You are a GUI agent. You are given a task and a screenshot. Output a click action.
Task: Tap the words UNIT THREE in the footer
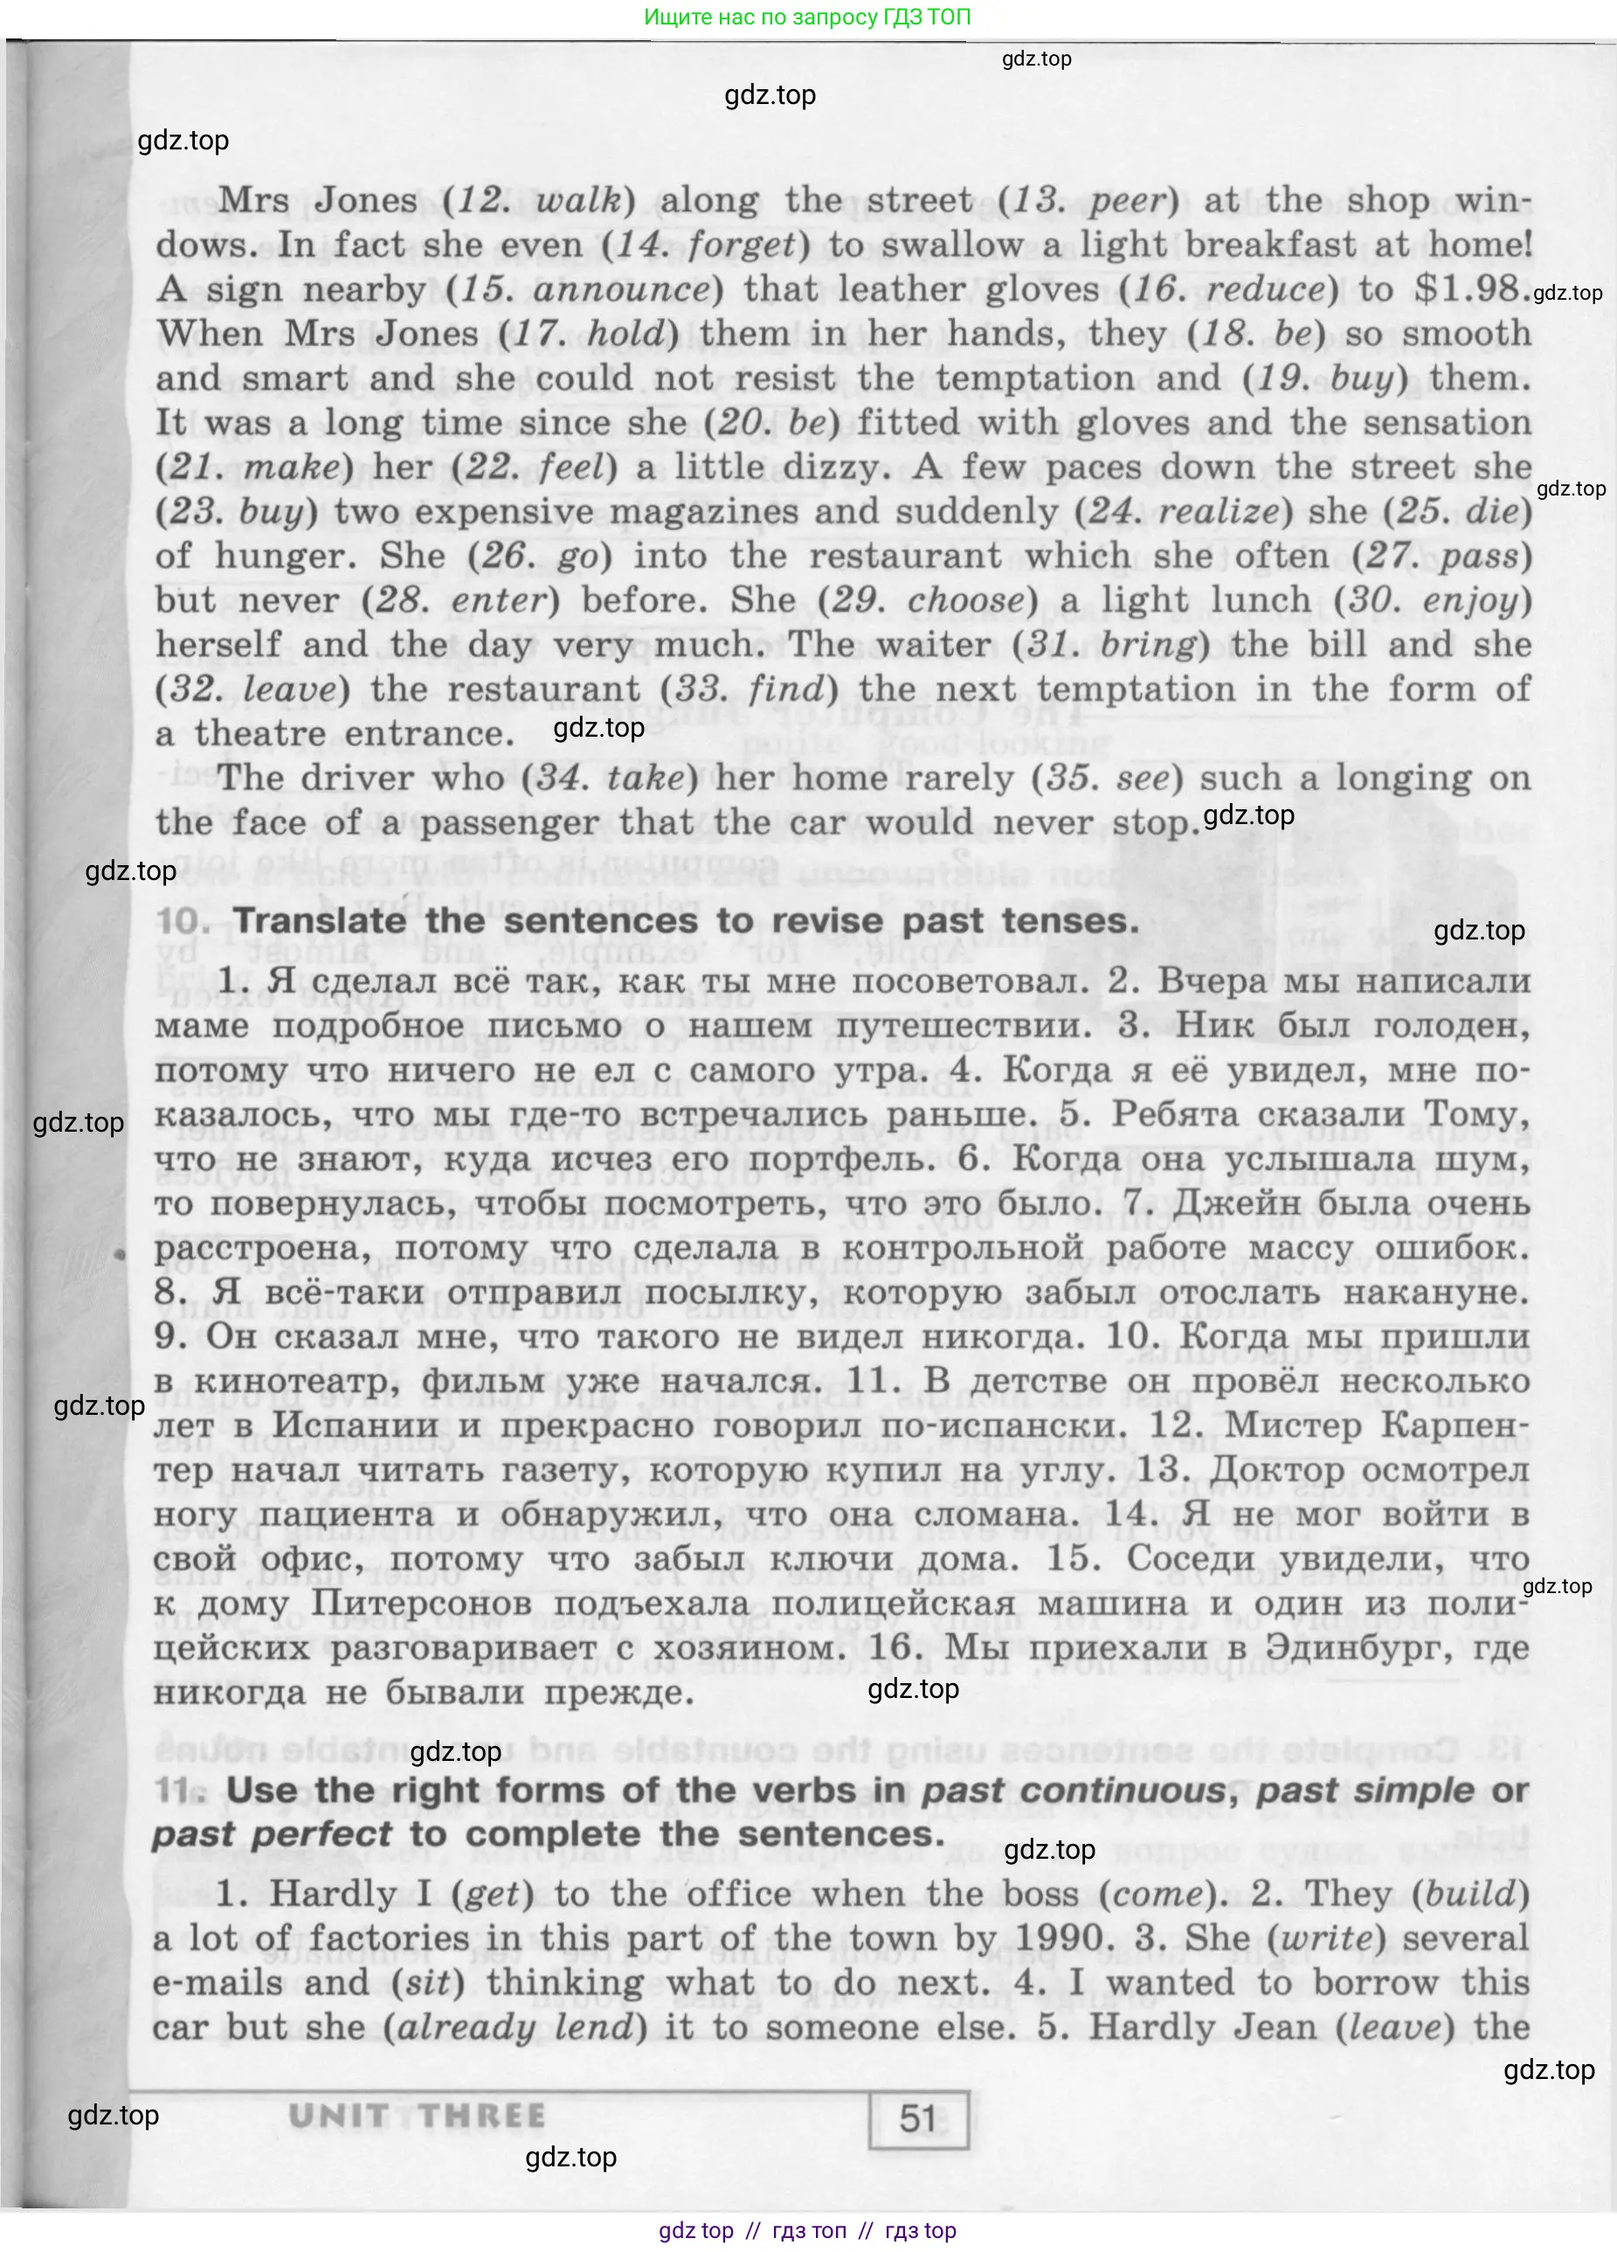(417, 2116)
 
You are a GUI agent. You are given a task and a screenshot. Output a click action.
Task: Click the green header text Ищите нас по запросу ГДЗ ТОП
(807, 17)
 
